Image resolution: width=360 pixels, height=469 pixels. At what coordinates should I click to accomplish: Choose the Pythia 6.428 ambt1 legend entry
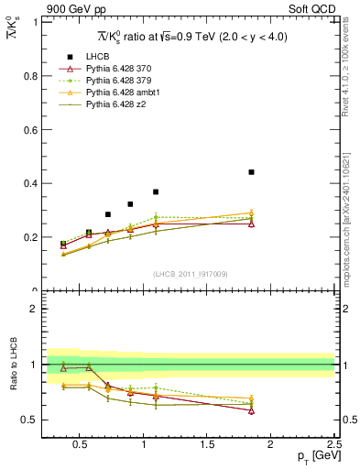pos(117,93)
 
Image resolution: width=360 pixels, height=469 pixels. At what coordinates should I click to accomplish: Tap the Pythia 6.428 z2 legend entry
pos(112,104)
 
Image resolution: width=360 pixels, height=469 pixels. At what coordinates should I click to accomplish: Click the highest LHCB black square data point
pos(251,172)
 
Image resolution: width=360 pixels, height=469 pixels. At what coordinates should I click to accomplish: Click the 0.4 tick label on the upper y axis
pos(30,183)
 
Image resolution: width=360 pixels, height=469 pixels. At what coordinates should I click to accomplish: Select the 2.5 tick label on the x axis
pos(333,447)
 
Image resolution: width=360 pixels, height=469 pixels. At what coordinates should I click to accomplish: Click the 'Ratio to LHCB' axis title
pos(14,365)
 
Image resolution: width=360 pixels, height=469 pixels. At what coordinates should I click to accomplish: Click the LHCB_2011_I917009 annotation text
pos(189,274)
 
